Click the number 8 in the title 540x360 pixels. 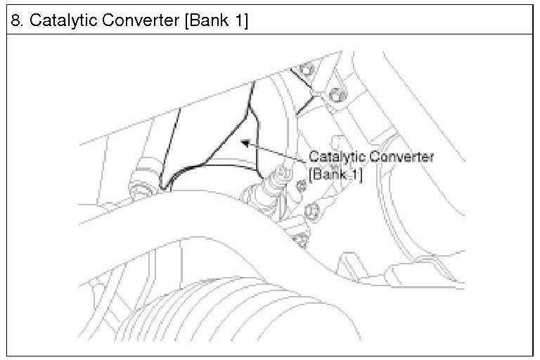tap(15, 20)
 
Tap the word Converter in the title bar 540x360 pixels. tap(139, 20)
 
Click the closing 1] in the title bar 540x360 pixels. tap(240, 20)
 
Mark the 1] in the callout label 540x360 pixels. tap(356, 174)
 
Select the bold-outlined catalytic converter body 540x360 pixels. tap(211, 141)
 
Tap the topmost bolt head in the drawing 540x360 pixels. tap(303, 68)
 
